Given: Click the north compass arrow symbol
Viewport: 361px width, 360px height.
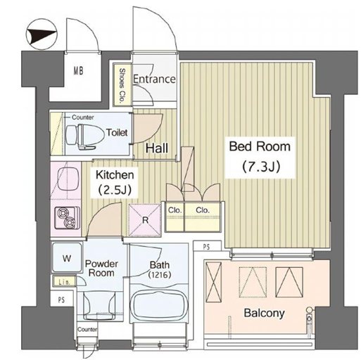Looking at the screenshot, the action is pyautogui.click(x=41, y=34).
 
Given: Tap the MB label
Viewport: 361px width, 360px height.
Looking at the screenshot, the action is pyautogui.click(x=78, y=70).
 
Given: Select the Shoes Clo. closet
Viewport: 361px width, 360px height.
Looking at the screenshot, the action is pyautogui.click(x=122, y=85).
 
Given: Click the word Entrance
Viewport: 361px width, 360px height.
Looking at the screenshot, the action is pyautogui.click(x=154, y=79).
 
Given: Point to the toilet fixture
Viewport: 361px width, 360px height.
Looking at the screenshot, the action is pyautogui.click(x=84, y=137).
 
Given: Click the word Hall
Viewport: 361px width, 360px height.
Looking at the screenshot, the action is pyautogui.click(x=157, y=148).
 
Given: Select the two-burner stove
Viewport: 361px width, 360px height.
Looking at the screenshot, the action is pyautogui.click(x=68, y=218).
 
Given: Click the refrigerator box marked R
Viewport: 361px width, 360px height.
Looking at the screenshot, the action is pyautogui.click(x=145, y=220).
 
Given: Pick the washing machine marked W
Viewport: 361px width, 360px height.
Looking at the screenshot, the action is pyautogui.click(x=67, y=258).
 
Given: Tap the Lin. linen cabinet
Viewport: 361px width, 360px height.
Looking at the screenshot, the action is pyautogui.click(x=64, y=281).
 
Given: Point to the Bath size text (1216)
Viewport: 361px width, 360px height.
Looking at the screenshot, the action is pyautogui.click(x=160, y=274).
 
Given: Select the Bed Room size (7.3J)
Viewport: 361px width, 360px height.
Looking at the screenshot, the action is pyautogui.click(x=261, y=167).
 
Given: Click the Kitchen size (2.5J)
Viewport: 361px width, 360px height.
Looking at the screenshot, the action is pyautogui.click(x=115, y=190).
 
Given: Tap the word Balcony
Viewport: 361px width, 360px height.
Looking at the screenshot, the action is pyautogui.click(x=265, y=313).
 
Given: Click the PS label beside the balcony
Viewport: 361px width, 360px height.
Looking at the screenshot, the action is pyautogui.click(x=206, y=247).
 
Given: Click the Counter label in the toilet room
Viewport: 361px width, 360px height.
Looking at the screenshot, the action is pyautogui.click(x=83, y=117).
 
